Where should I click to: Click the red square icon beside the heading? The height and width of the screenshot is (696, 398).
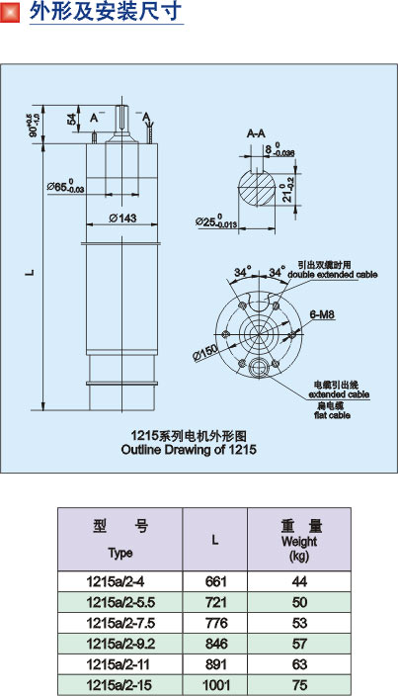[10, 12]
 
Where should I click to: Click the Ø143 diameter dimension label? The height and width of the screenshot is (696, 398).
[122, 217]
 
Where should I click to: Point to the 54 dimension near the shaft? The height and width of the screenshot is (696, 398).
[72, 119]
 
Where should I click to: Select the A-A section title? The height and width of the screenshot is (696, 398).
[256, 133]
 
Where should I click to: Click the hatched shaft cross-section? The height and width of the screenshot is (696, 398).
[257, 189]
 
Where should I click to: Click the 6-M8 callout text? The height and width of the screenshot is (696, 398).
[322, 314]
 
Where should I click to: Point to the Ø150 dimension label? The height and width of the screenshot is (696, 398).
[205, 352]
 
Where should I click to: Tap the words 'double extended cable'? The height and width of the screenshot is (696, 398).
[333, 274]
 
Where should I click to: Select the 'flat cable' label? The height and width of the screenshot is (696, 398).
[333, 415]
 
